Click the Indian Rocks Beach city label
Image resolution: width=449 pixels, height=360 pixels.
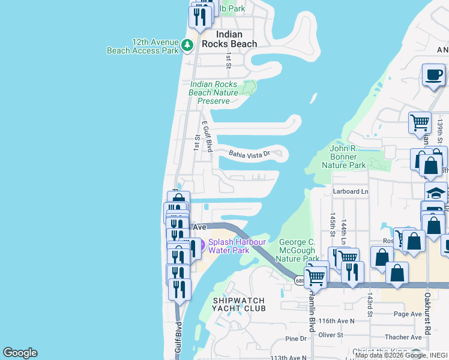click(x=229, y=39)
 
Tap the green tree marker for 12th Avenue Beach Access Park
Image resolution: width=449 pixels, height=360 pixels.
click(x=187, y=44)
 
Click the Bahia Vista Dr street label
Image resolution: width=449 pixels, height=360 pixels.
click(x=250, y=154)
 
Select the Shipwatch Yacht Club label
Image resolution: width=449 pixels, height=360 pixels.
click(x=239, y=304)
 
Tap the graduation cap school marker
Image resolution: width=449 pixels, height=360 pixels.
click(x=436, y=193)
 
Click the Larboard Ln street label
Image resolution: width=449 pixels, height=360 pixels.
click(x=351, y=191)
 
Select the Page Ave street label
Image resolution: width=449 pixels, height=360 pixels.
click(x=408, y=314)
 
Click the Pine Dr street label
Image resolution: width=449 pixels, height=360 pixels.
click(x=295, y=339)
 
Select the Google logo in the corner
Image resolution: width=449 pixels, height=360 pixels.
click(x=20, y=353)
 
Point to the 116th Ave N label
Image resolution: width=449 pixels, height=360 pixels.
click(x=338, y=321)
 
